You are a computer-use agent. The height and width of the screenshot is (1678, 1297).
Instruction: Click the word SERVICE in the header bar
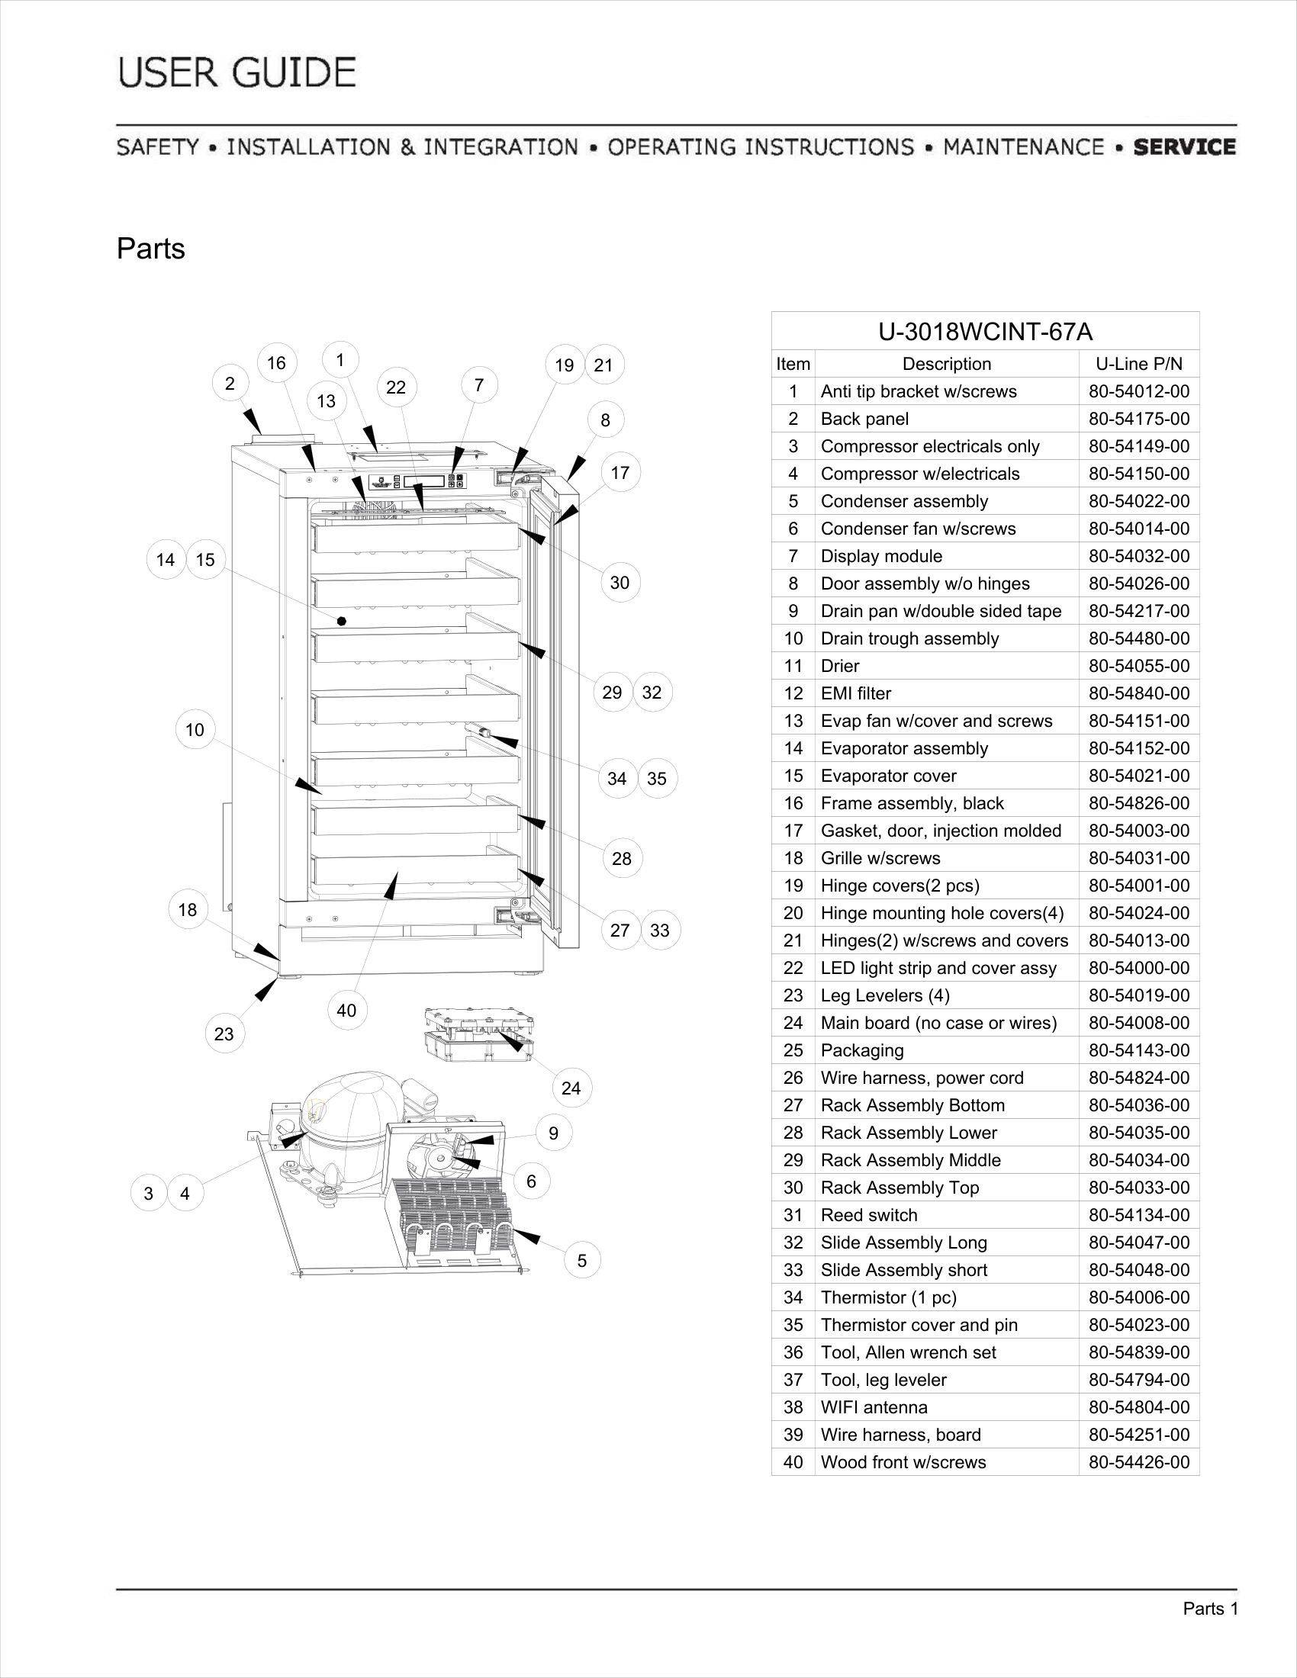point(1184,146)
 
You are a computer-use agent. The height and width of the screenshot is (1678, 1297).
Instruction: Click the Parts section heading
point(150,249)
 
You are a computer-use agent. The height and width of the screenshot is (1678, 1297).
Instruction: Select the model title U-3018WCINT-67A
point(985,332)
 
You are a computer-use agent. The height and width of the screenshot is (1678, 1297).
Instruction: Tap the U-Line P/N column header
point(1139,364)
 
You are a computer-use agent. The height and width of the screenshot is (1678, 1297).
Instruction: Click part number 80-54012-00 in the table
point(1139,392)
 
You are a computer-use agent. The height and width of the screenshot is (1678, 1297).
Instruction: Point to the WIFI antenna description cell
point(874,1407)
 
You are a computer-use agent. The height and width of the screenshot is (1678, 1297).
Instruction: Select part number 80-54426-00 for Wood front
point(1139,1462)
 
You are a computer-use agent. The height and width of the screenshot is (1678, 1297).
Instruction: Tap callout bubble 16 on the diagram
point(277,362)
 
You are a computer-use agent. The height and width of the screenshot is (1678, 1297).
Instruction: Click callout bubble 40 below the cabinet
point(346,1011)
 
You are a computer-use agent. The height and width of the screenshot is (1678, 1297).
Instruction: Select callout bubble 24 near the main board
point(571,1088)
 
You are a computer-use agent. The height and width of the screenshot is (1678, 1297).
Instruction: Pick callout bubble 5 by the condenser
point(581,1261)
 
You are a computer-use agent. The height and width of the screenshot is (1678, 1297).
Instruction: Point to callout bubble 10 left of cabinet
point(195,730)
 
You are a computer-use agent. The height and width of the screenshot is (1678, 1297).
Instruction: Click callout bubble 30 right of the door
point(620,583)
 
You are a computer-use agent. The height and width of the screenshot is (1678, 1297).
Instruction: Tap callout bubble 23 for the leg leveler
point(224,1034)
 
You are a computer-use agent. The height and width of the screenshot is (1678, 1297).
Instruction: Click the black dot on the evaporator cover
point(342,621)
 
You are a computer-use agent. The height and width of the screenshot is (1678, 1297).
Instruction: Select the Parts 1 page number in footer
point(1210,1609)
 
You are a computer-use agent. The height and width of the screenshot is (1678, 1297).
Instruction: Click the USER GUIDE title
point(237,73)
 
